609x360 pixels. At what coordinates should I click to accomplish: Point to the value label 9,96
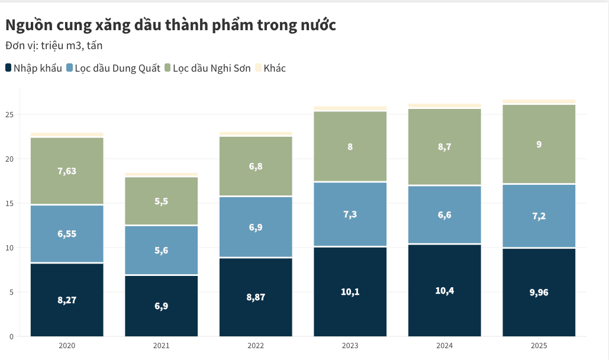pos(539,291)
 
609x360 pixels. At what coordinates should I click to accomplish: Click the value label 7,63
pos(67,171)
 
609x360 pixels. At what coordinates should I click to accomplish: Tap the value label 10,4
pos(444,290)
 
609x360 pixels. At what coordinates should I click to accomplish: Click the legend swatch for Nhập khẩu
pos(8,68)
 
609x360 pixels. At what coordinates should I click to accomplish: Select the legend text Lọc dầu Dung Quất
pos(118,68)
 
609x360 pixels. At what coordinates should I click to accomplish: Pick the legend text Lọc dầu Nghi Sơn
pos(212,68)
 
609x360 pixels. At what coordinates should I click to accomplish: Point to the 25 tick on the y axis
pos(9,114)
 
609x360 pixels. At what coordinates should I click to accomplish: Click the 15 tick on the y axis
pos(9,203)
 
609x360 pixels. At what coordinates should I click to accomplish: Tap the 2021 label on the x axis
pos(161,346)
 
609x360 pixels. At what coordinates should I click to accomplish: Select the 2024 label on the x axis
pos(444,346)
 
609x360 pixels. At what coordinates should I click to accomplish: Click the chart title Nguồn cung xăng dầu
pos(170,25)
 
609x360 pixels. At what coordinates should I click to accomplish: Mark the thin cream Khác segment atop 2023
pos(350,108)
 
